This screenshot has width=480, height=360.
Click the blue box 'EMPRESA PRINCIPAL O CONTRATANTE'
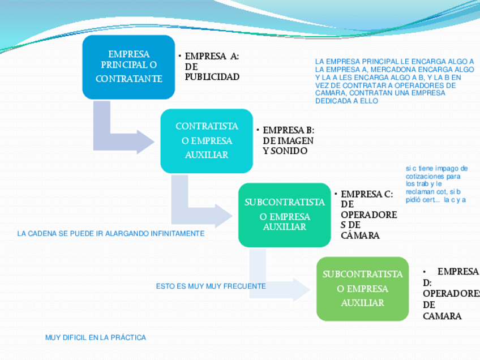(x=128, y=67)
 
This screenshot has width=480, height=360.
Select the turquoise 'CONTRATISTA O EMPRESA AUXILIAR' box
(x=207, y=140)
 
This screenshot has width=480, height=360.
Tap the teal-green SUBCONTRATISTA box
(x=284, y=215)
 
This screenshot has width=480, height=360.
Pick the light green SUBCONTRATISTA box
(x=362, y=289)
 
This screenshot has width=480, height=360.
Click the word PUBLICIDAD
(x=212, y=77)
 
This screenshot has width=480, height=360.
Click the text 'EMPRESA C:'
(x=367, y=194)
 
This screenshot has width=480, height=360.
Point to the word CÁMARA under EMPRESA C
(x=360, y=235)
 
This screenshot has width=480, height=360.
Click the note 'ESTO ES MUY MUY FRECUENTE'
(x=211, y=286)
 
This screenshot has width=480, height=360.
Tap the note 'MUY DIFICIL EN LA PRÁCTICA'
(x=95, y=337)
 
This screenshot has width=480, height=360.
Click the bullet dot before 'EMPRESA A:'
(x=179, y=56)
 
